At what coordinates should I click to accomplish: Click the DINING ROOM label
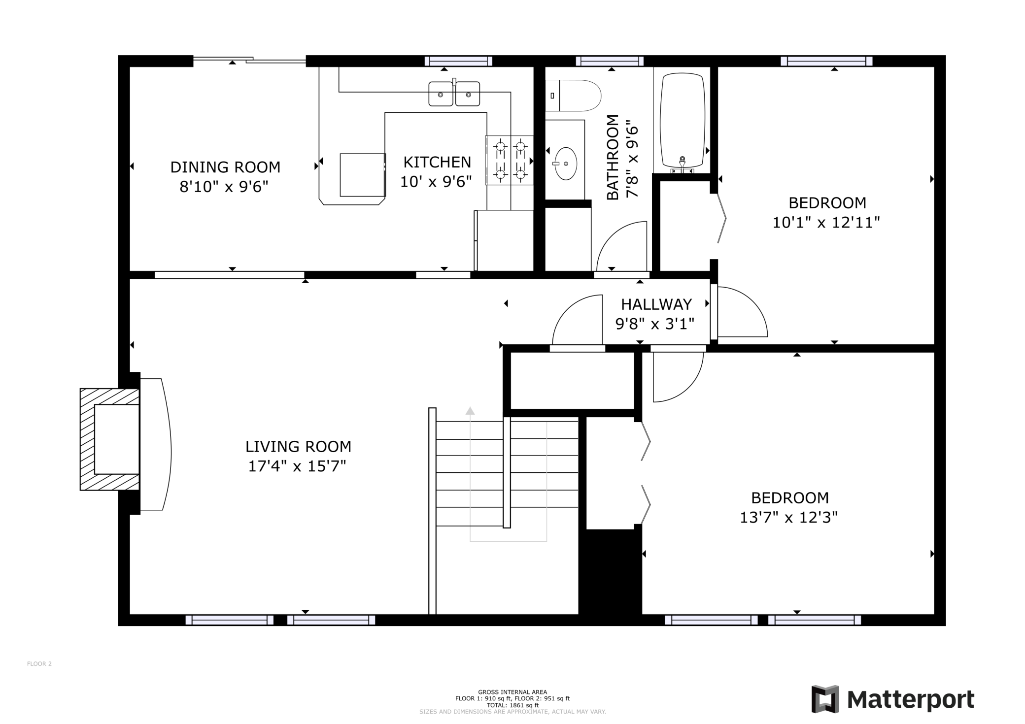[225, 167]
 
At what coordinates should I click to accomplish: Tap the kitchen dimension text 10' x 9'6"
[436, 182]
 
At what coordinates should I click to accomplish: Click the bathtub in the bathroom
[683, 121]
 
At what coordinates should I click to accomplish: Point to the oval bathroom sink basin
[566, 164]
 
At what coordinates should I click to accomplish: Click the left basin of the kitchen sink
[441, 94]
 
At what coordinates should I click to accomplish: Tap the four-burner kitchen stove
[510, 161]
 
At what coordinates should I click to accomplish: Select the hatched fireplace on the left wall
[109, 439]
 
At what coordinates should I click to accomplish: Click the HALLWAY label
[656, 304]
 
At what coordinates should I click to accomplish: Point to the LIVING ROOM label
[299, 447]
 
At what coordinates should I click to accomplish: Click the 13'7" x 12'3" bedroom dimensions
[789, 518]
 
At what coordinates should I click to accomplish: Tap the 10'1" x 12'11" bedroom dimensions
[826, 223]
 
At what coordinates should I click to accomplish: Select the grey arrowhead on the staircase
[470, 411]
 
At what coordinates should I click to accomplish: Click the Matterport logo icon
[825, 699]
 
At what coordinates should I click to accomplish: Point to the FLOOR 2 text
[39, 664]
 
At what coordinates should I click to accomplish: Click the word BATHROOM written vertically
[613, 158]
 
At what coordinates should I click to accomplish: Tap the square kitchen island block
[363, 175]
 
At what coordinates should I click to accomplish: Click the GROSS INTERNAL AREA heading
[512, 692]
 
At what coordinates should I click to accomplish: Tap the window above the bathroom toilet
[610, 61]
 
